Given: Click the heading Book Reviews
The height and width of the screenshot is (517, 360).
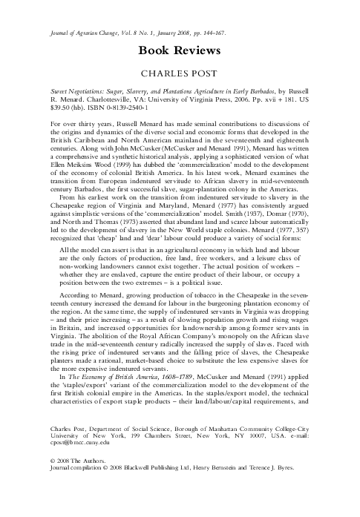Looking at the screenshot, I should point(180,50).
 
